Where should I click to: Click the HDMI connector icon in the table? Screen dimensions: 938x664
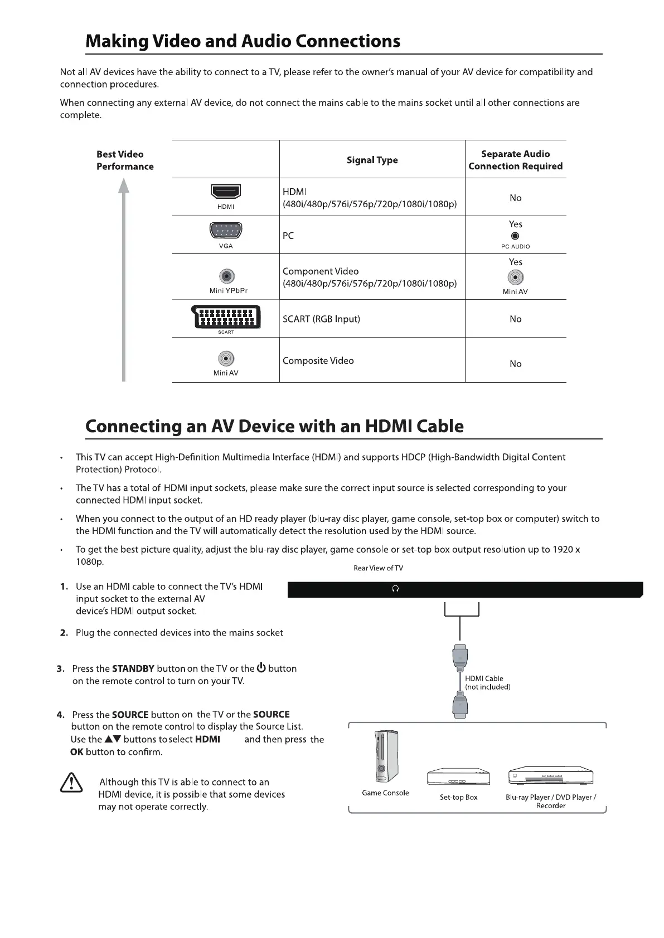pos(226,192)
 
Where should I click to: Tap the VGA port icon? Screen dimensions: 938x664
pos(226,231)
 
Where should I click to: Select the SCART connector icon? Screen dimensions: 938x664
pos(226,317)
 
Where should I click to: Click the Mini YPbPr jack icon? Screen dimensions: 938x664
pos(226,276)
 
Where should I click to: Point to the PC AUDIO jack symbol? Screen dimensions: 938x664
pos(515,236)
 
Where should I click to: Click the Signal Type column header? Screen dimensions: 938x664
pos(372,160)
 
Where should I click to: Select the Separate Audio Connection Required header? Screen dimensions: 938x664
pos(515,160)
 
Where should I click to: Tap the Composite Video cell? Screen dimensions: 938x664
pos(318,361)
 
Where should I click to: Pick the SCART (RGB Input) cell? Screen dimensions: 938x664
pos(321,319)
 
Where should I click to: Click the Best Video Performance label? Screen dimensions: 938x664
pos(124,160)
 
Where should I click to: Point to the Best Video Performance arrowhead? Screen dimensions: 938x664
pos(124,185)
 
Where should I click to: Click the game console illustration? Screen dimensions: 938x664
pos(385,757)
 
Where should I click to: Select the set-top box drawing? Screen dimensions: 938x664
pos(458,777)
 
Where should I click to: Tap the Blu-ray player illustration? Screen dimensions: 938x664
pos(550,776)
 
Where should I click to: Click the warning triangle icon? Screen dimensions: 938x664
pos(71,784)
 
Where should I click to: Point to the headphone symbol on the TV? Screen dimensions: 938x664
pos(395,589)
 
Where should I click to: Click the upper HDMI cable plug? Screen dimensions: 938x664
pos(459,658)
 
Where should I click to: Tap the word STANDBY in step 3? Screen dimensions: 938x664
pos(133,668)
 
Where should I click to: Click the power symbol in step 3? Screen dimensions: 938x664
pos(261,668)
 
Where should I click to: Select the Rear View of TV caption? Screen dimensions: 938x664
pos(378,568)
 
